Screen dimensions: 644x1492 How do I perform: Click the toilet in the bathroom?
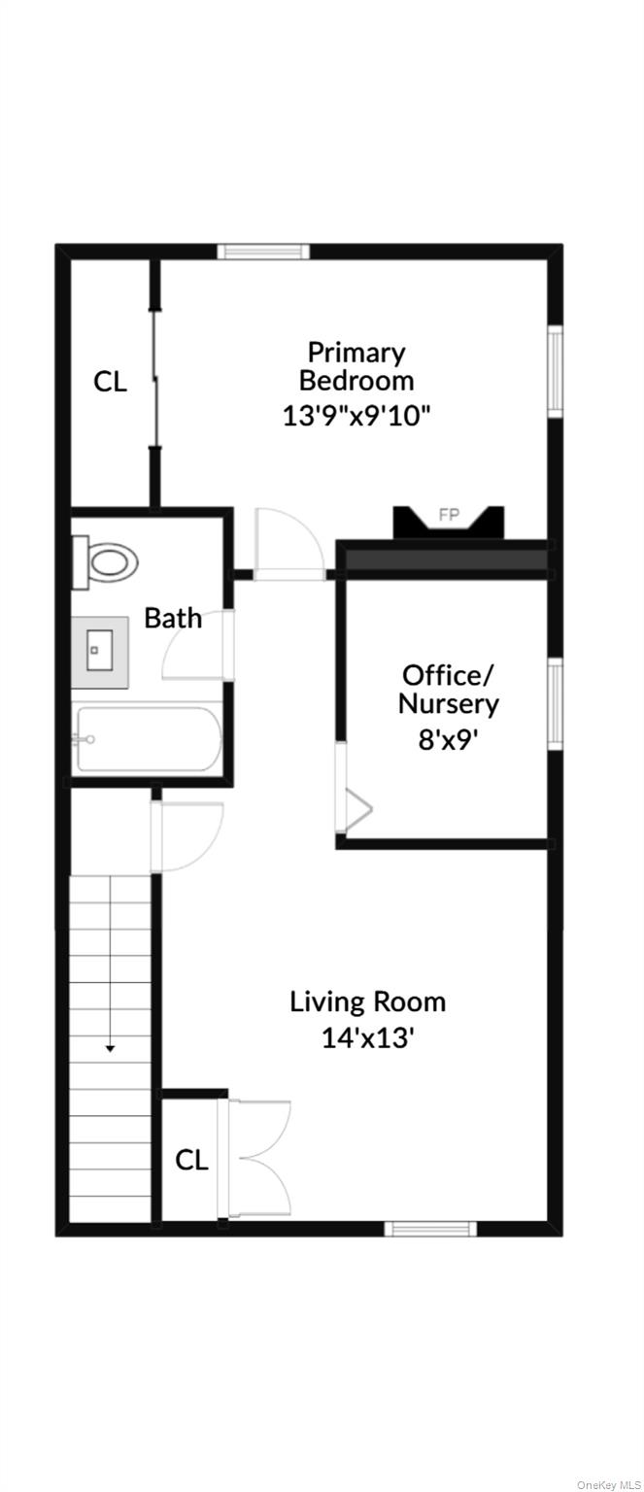105,562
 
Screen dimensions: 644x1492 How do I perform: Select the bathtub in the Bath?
148,738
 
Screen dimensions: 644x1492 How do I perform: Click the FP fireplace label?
449,515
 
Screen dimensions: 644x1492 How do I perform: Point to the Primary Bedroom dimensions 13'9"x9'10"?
356,416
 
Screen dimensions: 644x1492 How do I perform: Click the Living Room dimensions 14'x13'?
367,1037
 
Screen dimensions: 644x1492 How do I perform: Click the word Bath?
173,618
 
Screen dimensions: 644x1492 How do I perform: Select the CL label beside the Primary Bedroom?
110,382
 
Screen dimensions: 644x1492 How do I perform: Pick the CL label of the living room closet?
191,1160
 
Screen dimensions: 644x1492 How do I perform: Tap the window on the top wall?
264,252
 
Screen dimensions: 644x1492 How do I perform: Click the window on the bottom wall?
431,1228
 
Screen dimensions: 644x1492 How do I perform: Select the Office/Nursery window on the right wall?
555,704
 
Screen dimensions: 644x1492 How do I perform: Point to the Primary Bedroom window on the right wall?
555,372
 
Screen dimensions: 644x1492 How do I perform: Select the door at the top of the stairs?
187,836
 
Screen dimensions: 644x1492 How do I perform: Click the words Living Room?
367,1002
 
